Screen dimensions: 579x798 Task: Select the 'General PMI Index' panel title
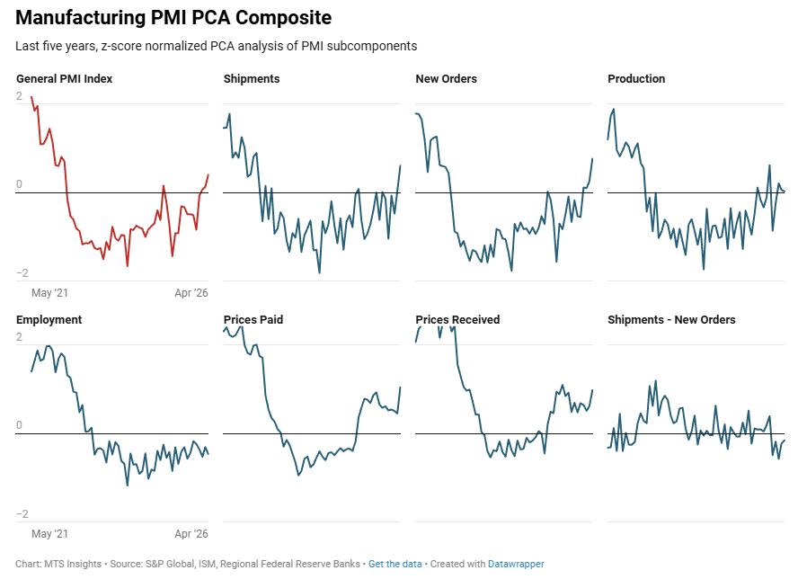[x=65, y=79]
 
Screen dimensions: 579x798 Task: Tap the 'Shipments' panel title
[x=252, y=79]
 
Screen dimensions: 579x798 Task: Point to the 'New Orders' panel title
[x=446, y=79]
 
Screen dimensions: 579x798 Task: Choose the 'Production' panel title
[x=636, y=79]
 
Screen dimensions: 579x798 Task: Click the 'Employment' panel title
[x=49, y=320]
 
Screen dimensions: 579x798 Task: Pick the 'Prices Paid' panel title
[x=254, y=320]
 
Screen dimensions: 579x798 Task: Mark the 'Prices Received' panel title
[x=457, y=320]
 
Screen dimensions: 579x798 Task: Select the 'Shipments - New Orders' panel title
[x=671, y=320]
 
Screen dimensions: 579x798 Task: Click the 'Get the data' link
[x=395, y=565]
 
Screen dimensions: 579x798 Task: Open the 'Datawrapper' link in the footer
[x=516, y=565]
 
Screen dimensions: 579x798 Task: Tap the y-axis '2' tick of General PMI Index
[x=20, y=95]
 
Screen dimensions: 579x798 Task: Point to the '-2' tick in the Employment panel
[x=22, y=514]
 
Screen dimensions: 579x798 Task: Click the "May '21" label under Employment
[x=50, y=534]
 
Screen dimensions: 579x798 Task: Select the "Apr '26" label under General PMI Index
[x=191, y=293]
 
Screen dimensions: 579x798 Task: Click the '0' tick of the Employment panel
[x=20, y=426]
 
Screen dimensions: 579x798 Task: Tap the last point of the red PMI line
[x=208, y=174]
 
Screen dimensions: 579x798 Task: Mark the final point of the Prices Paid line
[x=400, y=387]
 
